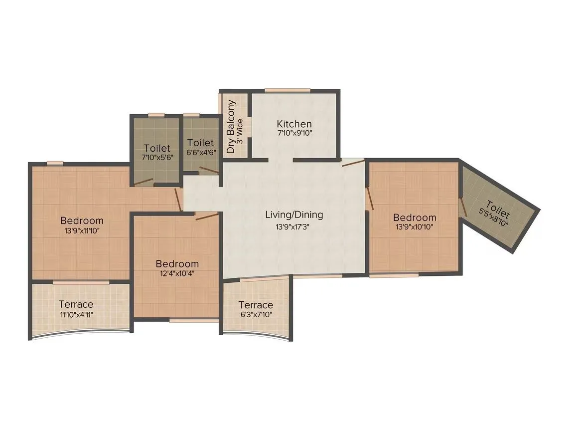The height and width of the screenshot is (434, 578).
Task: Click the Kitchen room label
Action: click(294, 124)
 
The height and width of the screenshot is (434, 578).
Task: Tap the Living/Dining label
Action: click(294, 215)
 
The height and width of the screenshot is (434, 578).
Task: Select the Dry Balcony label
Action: click(231, 127)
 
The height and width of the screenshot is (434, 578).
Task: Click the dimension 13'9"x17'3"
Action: click(294, 226)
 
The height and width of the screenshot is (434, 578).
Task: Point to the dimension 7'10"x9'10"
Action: click(294, 134)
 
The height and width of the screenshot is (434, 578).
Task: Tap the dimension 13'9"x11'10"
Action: click(82, 230)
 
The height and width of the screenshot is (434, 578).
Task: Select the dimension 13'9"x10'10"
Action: click(415, 227)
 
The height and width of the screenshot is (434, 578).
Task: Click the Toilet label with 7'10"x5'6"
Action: click(157, 148)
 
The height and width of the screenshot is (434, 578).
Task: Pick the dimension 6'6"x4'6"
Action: click(201, 153)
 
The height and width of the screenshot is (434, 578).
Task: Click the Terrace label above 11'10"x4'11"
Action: click(76, 304)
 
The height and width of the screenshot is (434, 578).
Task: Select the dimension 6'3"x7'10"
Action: click(255, 314)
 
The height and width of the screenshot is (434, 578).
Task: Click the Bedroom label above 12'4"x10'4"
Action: click(177, 264)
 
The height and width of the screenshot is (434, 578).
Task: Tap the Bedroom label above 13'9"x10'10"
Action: click(415, 217)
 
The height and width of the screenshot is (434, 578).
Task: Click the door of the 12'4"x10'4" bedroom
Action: click(207, 216)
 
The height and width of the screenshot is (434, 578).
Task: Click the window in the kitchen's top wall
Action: click(288, 90)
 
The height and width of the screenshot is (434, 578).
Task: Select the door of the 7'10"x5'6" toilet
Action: click(144, 182)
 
